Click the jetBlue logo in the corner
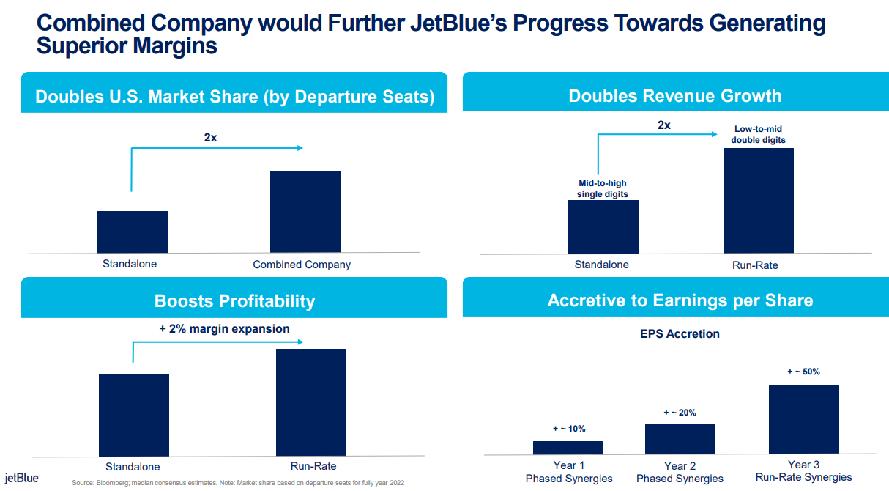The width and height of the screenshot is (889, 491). [22, 478]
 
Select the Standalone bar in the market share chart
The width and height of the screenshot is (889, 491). [133, 232]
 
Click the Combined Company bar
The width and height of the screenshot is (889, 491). [305, 212]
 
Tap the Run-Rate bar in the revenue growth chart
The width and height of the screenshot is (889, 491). [759, 201]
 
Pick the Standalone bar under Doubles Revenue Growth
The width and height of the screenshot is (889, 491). [603, 227]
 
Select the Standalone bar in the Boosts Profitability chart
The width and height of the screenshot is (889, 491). [134, 416]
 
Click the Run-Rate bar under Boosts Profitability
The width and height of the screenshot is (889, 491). [311, 403]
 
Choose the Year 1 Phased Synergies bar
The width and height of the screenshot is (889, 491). [568, 448]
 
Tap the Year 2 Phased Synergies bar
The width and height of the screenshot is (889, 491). [680, 440]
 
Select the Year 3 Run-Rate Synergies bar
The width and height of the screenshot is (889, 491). [804, 419]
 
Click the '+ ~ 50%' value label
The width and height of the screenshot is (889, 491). [803, 372]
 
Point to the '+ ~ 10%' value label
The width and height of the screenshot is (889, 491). [569, 429]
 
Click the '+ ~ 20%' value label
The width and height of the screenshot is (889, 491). [680, 413]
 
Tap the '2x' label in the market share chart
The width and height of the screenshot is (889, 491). [210, 138]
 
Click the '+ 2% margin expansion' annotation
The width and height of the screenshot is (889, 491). [224, 329]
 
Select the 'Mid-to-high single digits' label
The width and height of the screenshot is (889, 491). [603, 188]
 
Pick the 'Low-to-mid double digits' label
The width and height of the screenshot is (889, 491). [758, 134]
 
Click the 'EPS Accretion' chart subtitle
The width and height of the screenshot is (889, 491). [680, 333]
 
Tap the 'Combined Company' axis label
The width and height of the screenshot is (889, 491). [302, 265]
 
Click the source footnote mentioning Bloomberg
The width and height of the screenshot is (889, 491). [238, 483]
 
